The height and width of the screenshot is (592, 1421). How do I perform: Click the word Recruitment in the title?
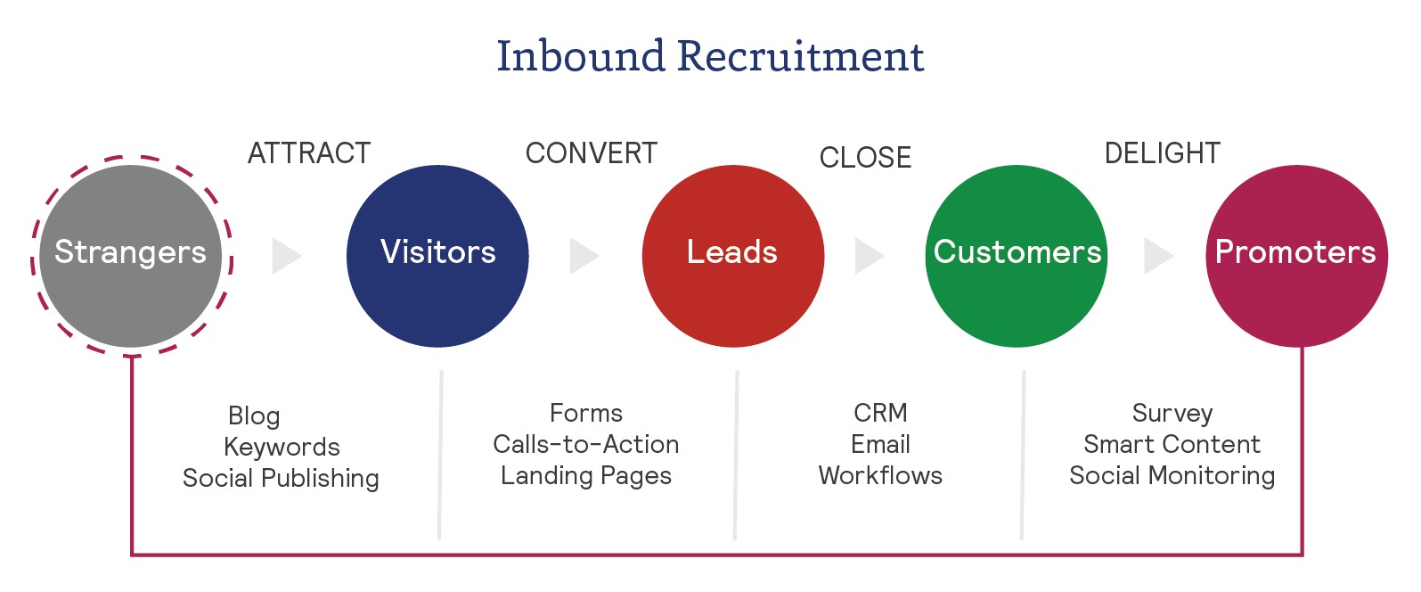800,56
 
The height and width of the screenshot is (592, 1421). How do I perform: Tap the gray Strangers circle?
131,256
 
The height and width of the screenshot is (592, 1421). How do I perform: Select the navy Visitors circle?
437,256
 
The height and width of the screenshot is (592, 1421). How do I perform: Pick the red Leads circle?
732,256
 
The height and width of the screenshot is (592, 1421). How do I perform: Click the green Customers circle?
1017,256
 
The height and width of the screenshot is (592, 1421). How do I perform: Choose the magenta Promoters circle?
1296,256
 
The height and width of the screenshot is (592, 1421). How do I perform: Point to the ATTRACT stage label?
309,153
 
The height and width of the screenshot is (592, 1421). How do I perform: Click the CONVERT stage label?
592,153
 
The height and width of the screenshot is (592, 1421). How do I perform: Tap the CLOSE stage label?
865,158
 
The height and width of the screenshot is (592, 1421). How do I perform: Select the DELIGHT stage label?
1162,153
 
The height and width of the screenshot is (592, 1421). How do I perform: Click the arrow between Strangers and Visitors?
286,256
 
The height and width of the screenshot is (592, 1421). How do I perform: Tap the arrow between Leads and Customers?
869,256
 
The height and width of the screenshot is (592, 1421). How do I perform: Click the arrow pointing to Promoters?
1157,256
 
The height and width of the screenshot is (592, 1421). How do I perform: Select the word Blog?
254,416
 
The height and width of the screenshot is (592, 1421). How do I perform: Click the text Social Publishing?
281,479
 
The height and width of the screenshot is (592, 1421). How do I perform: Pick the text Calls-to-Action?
585,444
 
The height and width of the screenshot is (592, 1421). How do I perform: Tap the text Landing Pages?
585,476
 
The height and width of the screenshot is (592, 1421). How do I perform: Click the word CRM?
880,413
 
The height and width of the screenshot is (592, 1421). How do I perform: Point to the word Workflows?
880,475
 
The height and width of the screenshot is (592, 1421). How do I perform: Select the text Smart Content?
1172,444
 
